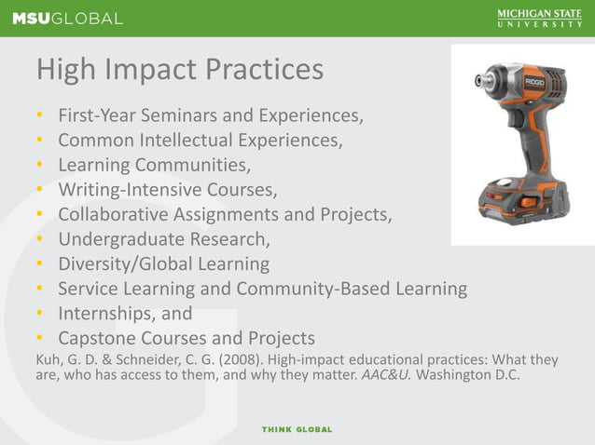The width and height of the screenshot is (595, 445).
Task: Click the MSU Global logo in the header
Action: (x=66, y=18)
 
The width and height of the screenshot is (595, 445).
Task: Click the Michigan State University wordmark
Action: (x=539, y=18)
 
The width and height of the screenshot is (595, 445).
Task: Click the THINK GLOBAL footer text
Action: (x=297, y=429)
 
